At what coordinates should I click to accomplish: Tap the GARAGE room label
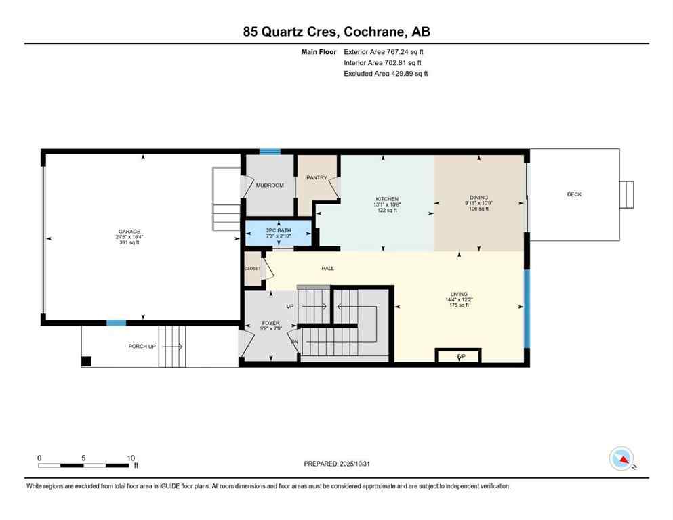click(x=129, y=232)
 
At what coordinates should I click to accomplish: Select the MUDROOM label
click(x=270, y=185)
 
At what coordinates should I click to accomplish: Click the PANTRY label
click(x=317, y=178)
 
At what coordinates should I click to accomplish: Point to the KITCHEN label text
click(x=386, y=199)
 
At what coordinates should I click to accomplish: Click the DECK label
click(x=574, y=194)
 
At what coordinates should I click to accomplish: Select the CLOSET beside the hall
click(x=253, y=268)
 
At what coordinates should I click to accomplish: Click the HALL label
click(x=327, y=268)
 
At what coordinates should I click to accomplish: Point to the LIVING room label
click(x=459, y=294)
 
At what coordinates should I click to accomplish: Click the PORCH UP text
click(x=142, y=347)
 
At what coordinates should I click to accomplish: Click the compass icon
click(x=621, y=460)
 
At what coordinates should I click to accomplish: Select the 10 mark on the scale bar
click(x=131, y=458)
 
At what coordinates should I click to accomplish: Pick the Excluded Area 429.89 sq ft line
click(x=386, y=74)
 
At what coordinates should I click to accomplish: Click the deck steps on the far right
click(x=627, y=194)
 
